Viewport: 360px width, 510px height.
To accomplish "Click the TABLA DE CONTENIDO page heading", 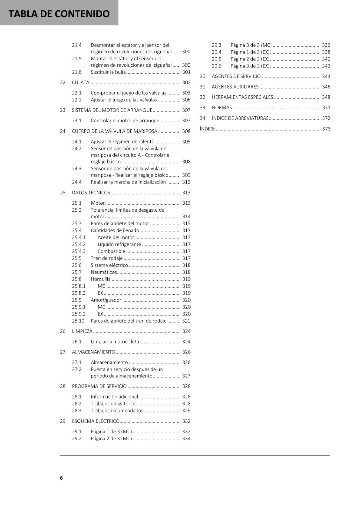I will pyautogui.click(x=59, y=14).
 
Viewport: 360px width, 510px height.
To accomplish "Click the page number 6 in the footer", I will pyautogui.click(x=61, y=478).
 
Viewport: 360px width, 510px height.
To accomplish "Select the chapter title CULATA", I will pyautogui.click(x=81, y=83).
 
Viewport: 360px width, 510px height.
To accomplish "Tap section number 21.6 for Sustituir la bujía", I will pyautogui.click(x=77, y=72).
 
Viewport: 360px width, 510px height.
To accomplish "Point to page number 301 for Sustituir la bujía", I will pyautogui.click(x=186, y=72).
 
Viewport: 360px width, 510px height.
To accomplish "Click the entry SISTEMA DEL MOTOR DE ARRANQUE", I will pyautogui.click(x=112, y=110).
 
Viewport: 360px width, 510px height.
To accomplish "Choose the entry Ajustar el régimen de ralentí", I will pyautogui.click(x=122, y=142).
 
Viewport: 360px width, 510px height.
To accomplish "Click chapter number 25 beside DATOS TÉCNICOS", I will pyautogui.click(x=63, y=193).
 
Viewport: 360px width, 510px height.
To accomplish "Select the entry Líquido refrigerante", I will pyautogui.click(x=119, y=244).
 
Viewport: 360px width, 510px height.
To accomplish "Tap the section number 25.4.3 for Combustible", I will pyautogui.click(x=79, y=251).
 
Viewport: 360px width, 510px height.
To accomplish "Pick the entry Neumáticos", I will pyautogui.click(x=104, y=272).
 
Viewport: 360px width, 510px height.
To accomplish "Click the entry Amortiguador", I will pyautogui.click(x=106, y=300).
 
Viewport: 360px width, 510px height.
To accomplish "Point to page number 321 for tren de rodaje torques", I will pyautogui.click(x=186, y=321).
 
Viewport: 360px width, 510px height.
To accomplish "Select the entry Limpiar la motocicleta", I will pyautogui.click(x=115, y=342).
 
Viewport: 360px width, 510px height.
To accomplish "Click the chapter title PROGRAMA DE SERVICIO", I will pyautogui.click(x=99, y=386).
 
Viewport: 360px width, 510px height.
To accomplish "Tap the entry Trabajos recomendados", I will pyautogui.click(x=117, y=411).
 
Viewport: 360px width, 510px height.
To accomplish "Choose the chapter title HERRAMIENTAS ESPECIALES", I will pyautogui.click(x=242, y=97).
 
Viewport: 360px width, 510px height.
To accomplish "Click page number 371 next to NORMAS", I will pyautogui.click(x=326, y=108).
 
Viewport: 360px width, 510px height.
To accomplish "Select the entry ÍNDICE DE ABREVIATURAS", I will pyautogui.click(x=240, y=118).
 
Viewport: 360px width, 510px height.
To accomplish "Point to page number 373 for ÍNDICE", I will pyautogui.click(x=326, y=129).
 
